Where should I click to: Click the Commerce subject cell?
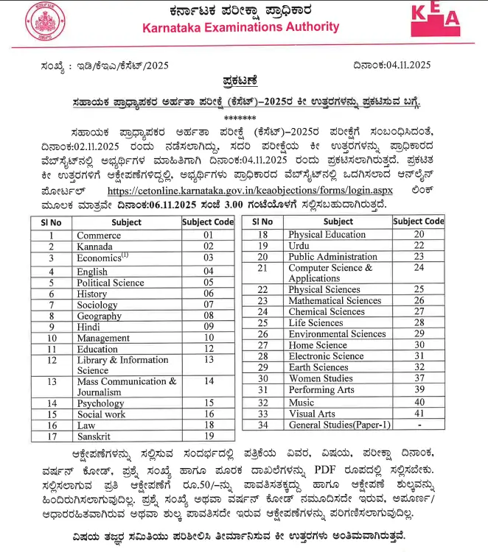point(100,236)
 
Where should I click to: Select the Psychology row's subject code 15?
point(209,403)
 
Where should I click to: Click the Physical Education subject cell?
point(327,235)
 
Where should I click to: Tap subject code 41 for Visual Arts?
point(419,414)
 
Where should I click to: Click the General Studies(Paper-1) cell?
point(335,425)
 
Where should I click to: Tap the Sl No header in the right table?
point(262,222)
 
